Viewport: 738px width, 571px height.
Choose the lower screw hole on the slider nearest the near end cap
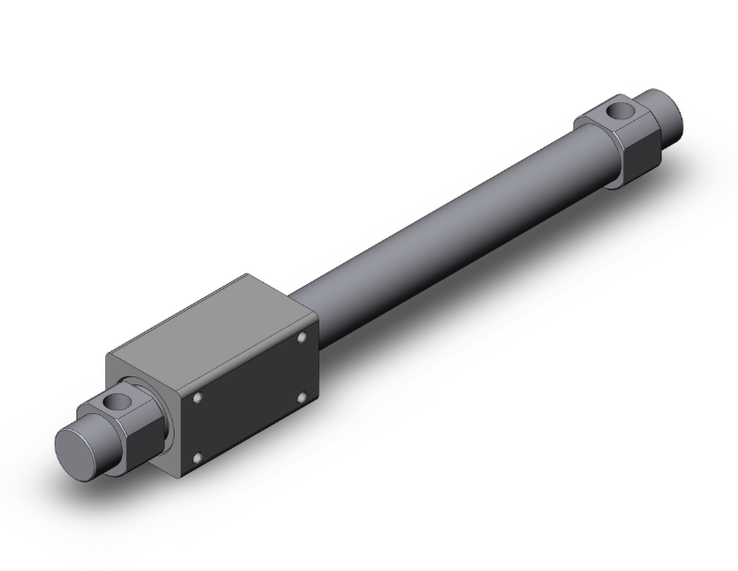tap(197, 458)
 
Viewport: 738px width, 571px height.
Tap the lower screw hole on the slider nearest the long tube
tap(301, 398)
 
